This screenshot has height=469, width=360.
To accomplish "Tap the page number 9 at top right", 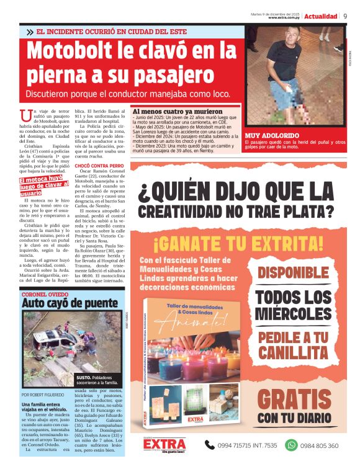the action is click(x=344, y=16).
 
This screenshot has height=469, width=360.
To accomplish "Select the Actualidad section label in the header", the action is click(x=320, y=16).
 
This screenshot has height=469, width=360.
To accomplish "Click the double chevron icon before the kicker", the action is click(x=29, y=32).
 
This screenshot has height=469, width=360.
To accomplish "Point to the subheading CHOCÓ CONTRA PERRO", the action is click(x=99, y=166).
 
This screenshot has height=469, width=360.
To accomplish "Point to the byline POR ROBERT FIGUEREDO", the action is click(x=47, y=395).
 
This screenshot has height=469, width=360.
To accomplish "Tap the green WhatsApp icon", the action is click(x=291, y=445).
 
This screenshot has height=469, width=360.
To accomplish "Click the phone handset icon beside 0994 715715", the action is click(x=210, y=445).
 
